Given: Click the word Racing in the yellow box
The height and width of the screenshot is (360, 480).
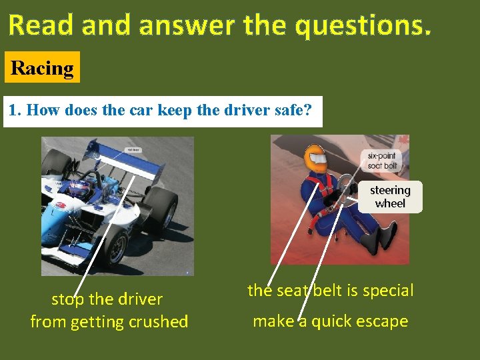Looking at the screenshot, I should point(42,68).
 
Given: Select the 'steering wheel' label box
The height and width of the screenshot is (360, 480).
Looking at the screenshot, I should point(390,197).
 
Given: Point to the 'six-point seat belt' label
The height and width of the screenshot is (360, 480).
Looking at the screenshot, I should point(381,161).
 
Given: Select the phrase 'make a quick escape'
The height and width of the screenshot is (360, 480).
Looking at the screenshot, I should point(330,321).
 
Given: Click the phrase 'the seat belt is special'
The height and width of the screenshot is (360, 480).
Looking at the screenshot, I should point(330,291).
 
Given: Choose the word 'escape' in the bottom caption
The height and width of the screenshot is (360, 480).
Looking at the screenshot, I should point(381,321).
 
